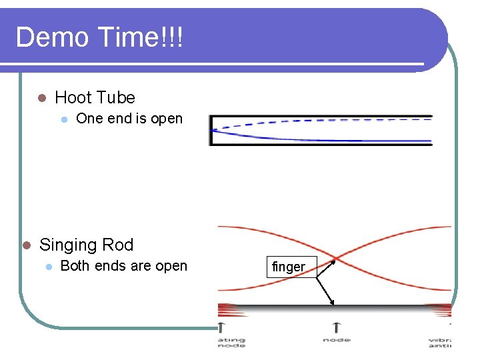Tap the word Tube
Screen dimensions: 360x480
pos(117,98)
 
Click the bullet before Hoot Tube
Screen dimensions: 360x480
pos(41,98)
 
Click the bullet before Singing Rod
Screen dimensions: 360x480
pos(26,245)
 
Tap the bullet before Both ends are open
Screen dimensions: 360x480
pos(48,267)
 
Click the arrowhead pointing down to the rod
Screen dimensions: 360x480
pos(333,304)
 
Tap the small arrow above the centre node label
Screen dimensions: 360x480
pos(336,327)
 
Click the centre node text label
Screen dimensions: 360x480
pos(336,341)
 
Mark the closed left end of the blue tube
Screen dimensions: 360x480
pos(211,130)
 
